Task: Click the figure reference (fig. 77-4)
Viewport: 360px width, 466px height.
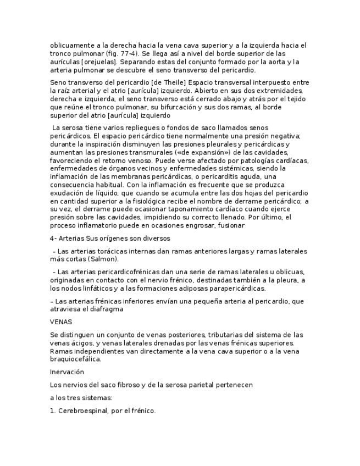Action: click(x=121, y=53)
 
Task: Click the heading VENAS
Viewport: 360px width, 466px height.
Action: click(x=60, y=322)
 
